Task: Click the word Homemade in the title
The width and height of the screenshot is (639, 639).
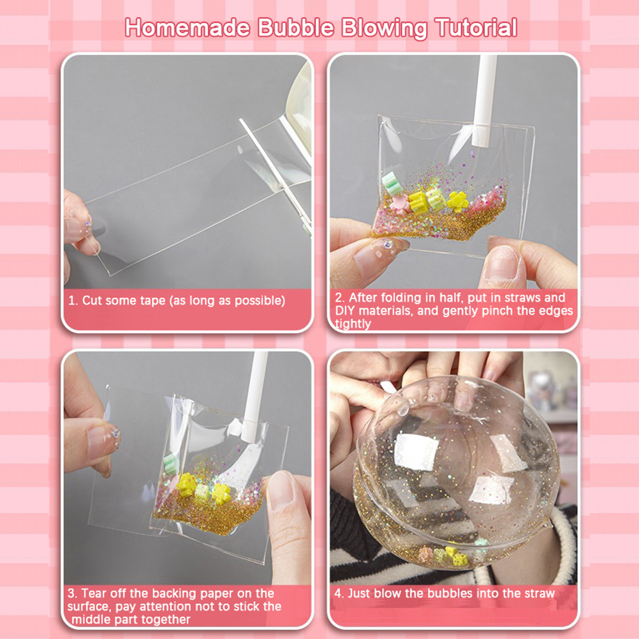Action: click(x=187, y=27)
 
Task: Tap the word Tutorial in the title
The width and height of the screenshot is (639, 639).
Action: click(x=476, y=27)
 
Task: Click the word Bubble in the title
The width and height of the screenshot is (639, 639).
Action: click(x=295, y=27)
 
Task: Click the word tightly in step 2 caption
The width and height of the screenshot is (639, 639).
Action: click(x=353, y=323)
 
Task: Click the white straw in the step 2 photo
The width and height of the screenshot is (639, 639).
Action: click(x=485, y=100)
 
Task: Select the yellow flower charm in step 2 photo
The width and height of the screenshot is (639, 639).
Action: click(x=457, y=202)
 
